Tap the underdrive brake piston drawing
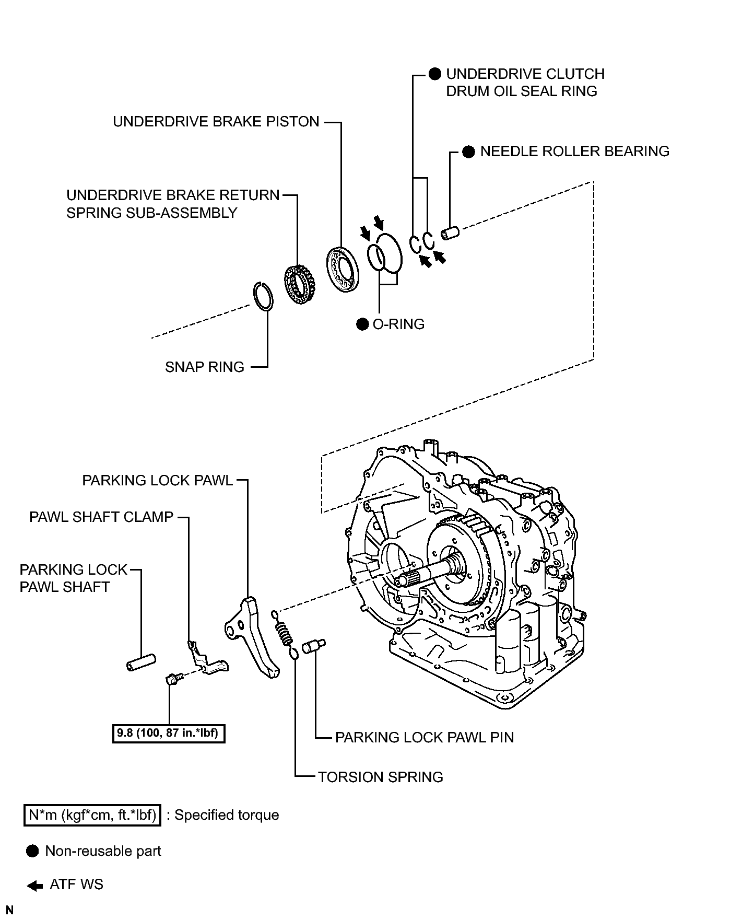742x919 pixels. [x=343, y=268]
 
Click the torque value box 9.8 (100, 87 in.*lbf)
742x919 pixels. [x=169, y=733]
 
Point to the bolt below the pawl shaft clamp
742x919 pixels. [x=172, y=679]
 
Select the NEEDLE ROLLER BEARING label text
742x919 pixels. [x=574, y=152]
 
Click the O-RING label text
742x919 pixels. [x=398, y=324]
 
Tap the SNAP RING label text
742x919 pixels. [x=205, y=367]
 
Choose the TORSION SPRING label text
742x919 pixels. [x=381, y=777]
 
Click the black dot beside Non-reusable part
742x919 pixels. [x=32, y=851]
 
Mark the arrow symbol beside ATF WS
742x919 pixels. [x=34, y=886]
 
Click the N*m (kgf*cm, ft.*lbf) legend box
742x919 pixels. [x=92, y=816]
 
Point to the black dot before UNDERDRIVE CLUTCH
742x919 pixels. [x=435, y=74]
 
